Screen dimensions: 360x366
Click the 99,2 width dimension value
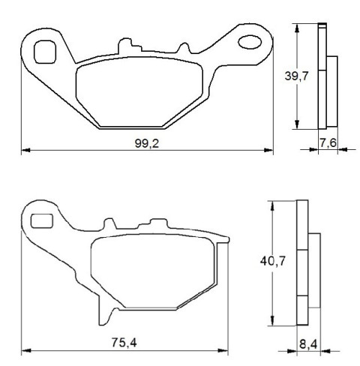[147, 143]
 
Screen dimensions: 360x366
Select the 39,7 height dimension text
[297, 76]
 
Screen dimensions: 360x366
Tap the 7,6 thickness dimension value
[328, 143]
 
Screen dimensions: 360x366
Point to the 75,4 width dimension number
[124, 343]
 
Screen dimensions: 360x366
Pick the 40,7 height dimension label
[273, 261]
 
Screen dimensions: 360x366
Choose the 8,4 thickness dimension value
[308, 344]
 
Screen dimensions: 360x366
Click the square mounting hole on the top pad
[45, 52]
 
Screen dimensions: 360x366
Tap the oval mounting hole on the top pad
[250, 42]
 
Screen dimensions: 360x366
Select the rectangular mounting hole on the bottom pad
[42, 221]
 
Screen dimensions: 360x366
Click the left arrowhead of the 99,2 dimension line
[26, 150]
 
